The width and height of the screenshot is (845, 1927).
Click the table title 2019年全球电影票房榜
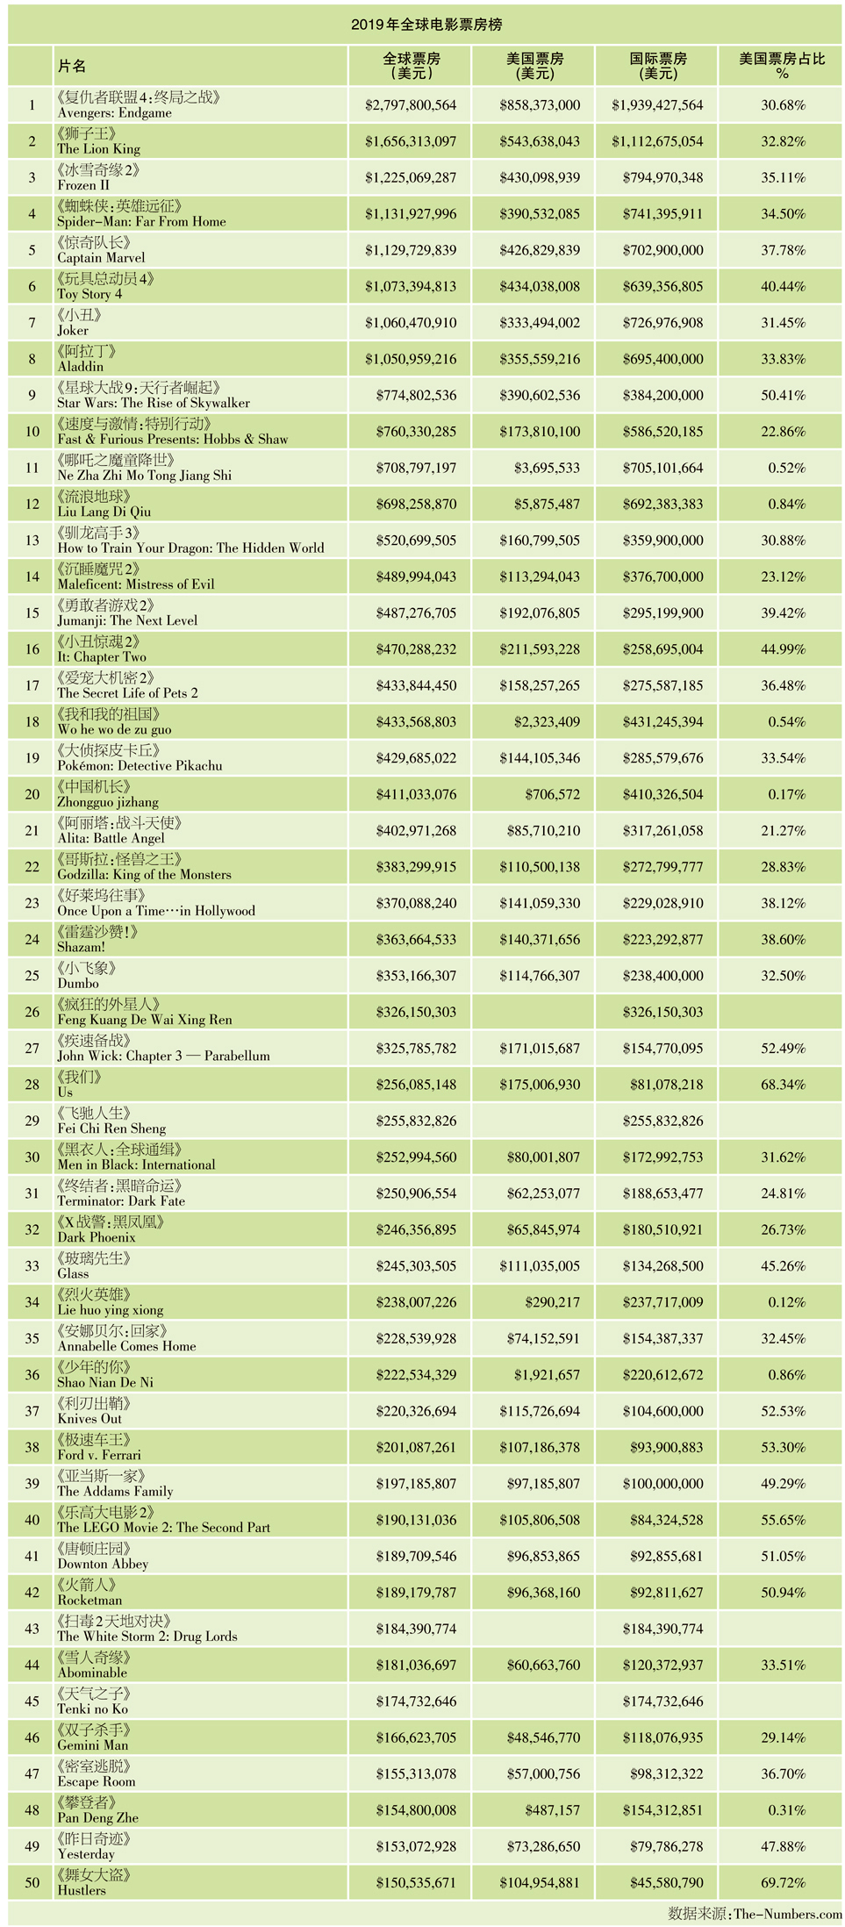(x=426, y=25)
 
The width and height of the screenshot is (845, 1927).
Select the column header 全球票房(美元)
(x=411, y=66)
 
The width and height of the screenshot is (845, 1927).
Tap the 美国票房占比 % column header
(x=782, y=66)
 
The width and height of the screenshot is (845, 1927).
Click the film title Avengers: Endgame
(x=115, y=113)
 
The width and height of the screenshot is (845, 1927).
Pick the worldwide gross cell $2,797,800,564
(x=411, y=105)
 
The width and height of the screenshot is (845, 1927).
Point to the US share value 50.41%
(x=783, y=396)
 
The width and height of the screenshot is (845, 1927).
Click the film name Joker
(x=73, y=331)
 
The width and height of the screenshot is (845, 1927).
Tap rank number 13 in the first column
(x=32, y=541)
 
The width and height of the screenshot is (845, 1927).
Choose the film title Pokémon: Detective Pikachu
(x=140, y=766)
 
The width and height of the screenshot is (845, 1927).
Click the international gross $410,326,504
(x=658, y=795)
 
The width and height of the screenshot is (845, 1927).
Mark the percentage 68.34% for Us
(x=783, y=1085)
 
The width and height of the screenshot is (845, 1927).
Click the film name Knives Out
(x=90, y=1419)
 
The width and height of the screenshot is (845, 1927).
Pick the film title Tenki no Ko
(x=92, y=1709)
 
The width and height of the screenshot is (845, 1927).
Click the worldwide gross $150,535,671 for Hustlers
(x=416, y=1882)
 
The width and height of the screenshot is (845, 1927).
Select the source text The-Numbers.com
(x=787, y=1914)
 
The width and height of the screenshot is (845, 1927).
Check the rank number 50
(x=32, y=1882)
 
